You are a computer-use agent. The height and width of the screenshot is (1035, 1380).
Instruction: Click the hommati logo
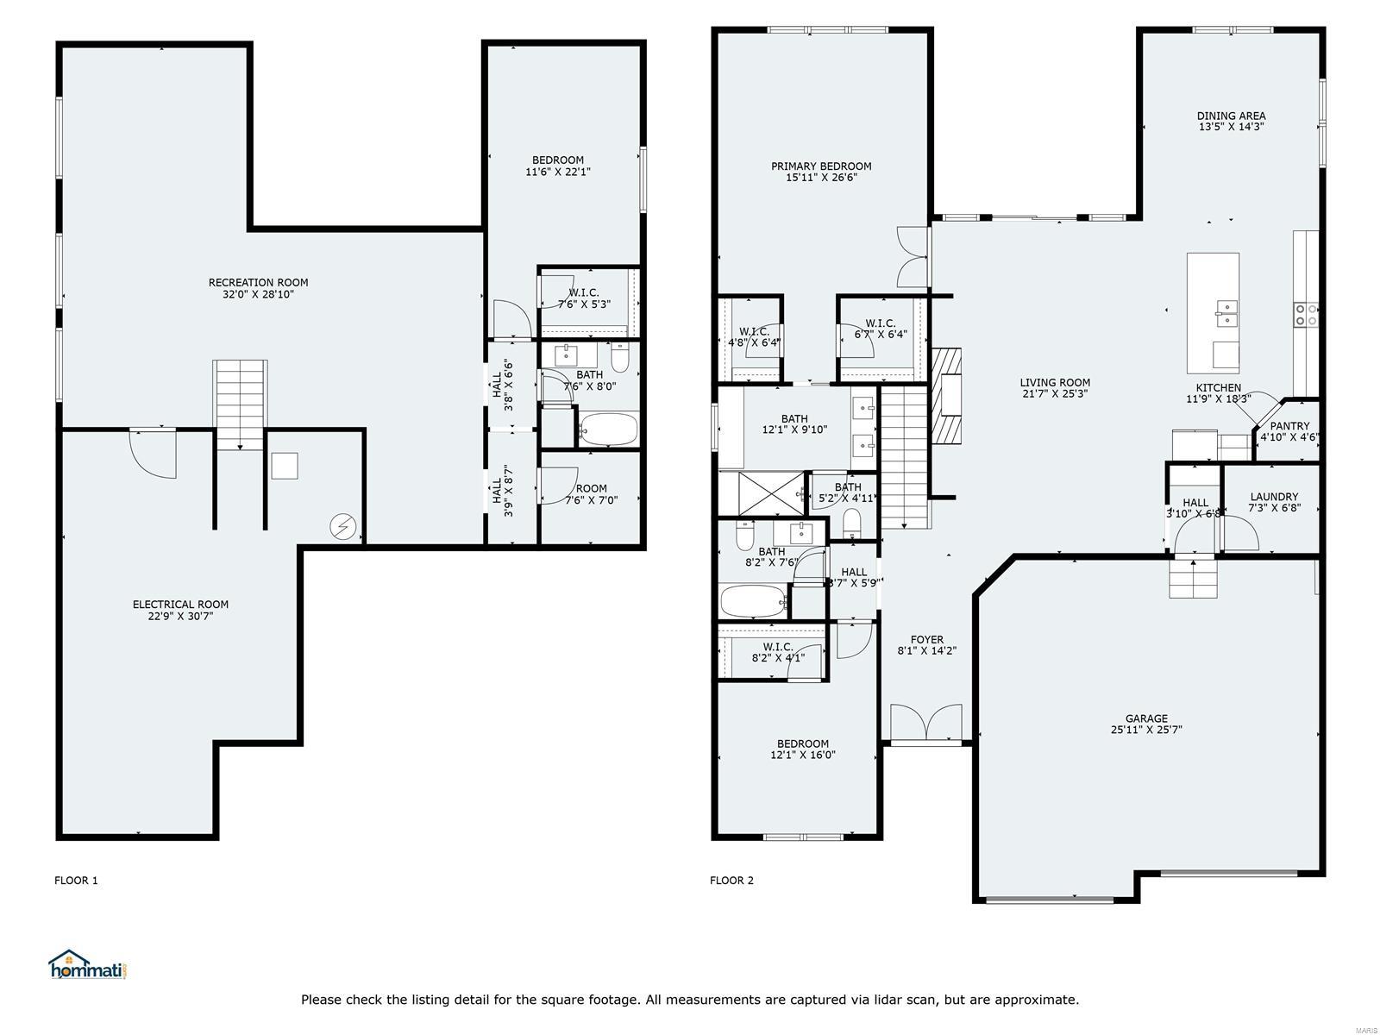(88, 964)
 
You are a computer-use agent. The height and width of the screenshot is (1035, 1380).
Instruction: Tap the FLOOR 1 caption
(76, 881)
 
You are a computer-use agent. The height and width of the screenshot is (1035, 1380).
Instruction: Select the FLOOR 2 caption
(731, 881)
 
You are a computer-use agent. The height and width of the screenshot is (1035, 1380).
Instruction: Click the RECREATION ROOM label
(259, 283)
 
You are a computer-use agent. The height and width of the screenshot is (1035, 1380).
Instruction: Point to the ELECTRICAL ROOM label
(180, 605)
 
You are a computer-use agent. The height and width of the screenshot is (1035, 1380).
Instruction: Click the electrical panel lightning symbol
(344, 528)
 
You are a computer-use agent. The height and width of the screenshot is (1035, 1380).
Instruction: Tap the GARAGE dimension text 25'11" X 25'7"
(1147, 730)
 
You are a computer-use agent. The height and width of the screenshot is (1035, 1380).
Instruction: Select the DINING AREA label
(1231, 116)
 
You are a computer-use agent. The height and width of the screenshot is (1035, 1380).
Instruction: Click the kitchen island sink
(1226, 313)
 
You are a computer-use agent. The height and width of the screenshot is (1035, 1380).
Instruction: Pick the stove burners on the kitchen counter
(1306, 315)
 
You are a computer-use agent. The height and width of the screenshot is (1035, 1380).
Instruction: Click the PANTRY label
(1289, 426)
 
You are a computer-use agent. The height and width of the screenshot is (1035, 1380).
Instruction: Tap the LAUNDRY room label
(1275, 497)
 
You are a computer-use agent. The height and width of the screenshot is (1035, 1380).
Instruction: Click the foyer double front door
(926, 723)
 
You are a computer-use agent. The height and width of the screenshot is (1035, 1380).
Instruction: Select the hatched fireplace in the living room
(946, 397)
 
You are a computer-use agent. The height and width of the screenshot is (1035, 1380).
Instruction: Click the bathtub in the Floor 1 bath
(608, 430)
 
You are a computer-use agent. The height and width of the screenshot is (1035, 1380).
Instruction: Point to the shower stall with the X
(762, 494)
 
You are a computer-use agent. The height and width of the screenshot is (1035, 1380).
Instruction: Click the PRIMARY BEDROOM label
(821, 166)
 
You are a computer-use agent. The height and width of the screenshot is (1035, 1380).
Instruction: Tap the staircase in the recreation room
(240, 405)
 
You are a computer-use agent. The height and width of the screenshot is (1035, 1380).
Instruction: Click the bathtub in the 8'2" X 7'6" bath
(754, 601)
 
